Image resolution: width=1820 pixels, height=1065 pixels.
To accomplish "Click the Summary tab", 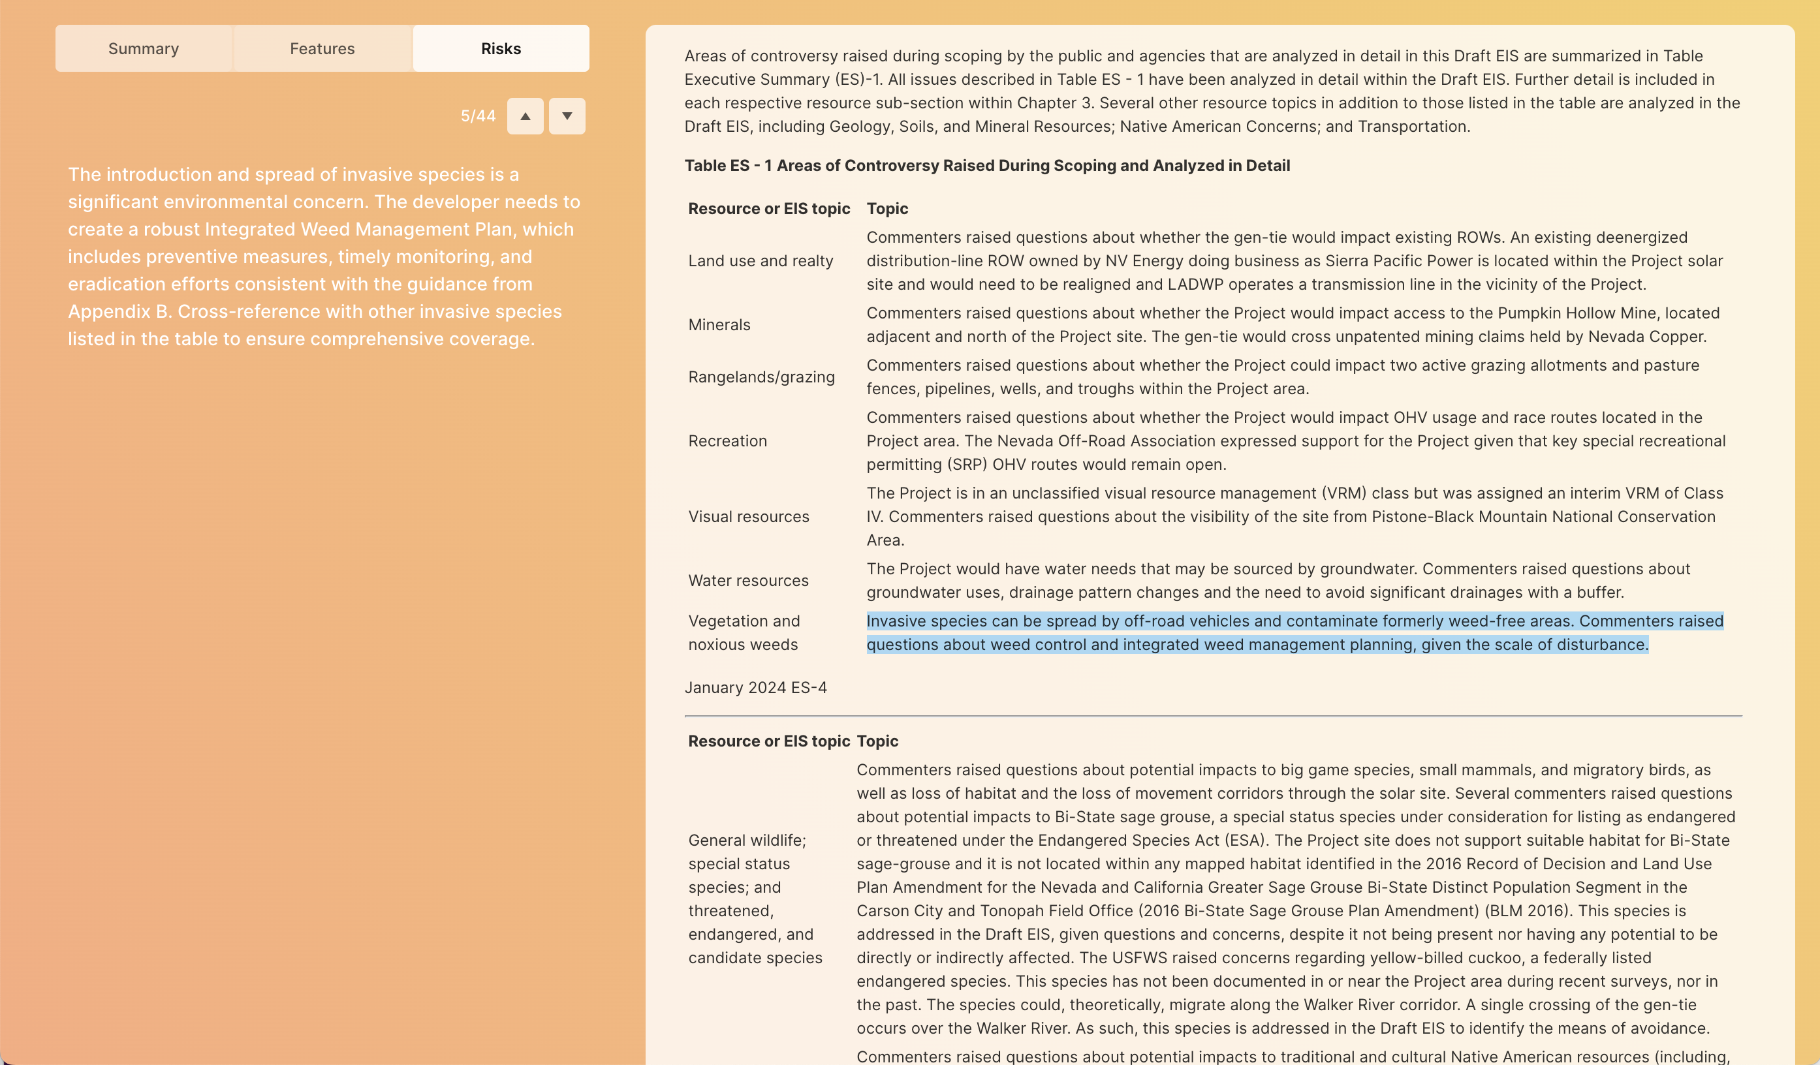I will pos(143,48).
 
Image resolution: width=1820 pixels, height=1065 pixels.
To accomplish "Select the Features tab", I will pos(322,48).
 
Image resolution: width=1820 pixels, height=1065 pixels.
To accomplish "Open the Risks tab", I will pos(501,48).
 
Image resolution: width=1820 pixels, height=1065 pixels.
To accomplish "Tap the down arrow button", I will pos(567,116).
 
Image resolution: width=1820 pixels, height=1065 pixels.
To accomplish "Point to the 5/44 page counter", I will pos(477,116).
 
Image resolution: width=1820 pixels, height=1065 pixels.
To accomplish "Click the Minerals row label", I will pos(719,325).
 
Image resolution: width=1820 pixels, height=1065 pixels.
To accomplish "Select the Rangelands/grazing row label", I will pos(761,377).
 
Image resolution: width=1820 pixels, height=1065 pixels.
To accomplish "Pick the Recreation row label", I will pos(727,441).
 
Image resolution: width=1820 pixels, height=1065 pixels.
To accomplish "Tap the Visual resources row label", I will pos(748,517).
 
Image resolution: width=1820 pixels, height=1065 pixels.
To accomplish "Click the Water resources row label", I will pos(747,581).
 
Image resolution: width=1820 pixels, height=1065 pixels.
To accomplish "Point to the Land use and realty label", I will pos(760,260).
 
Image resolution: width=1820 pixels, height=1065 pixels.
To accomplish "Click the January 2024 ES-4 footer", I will pos(755,687).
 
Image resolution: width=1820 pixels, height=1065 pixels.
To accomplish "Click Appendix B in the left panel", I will pos(120,311).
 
